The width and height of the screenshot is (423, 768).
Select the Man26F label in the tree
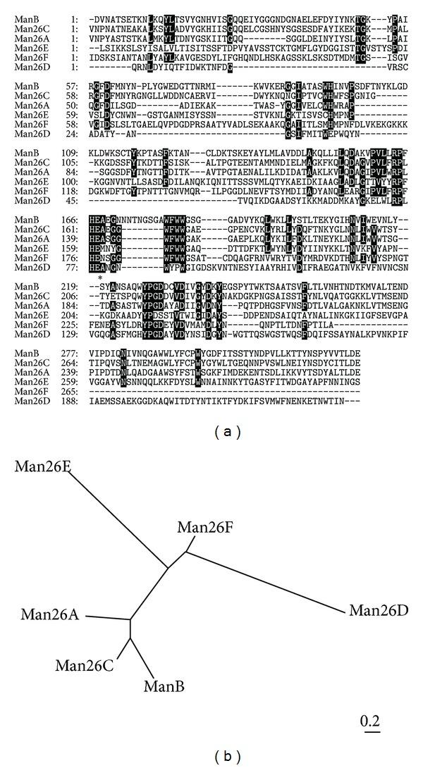tap(204, 527)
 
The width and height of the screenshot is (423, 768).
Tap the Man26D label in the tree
tap(379, 609)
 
